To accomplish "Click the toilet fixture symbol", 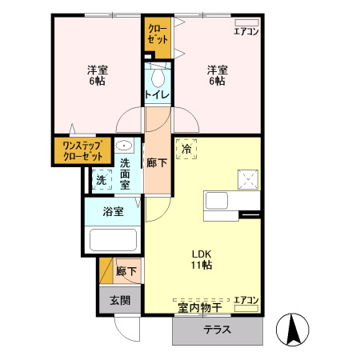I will [x=157, y=77].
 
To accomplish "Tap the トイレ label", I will [x=157, y=96].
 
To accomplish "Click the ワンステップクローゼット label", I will [x=84, y=151].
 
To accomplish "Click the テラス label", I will [x=217, y=330].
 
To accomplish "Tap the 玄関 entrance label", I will [x=121, y=301].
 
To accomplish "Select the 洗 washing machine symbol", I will [x=102, y=180].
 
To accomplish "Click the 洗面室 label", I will [x=126, y=174].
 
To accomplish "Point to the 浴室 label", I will [x=114, y=212].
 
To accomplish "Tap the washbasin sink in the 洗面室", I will [x=125, y=146].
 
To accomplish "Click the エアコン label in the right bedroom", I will [x=246, y=32].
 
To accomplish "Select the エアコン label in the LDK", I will [x=246, y=301].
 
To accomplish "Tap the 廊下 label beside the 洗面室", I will [x=158, y=162].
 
